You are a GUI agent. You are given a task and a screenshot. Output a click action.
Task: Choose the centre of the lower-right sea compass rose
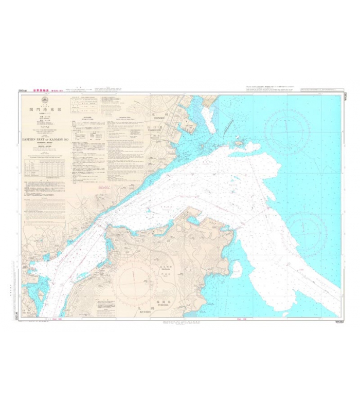pyautogui.click(x=307, y=232)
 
